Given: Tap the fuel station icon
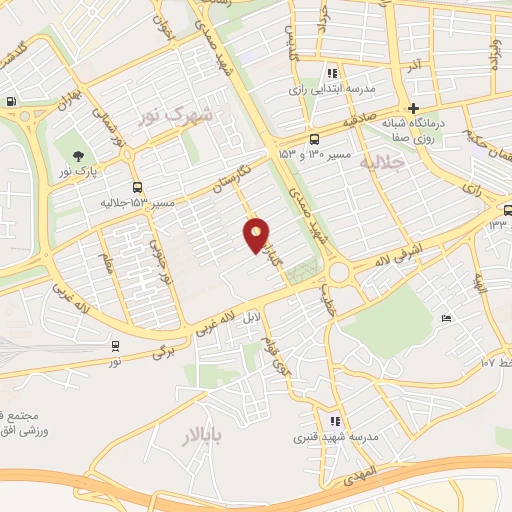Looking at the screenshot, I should [x=11, y=100].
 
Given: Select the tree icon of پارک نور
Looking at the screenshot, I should [x=77, y=154].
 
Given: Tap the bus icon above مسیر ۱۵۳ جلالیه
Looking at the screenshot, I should [x=137, y=187].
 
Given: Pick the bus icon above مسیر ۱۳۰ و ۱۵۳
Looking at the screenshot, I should [x=315, y=139].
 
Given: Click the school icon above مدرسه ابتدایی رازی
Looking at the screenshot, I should [x=332, y=73].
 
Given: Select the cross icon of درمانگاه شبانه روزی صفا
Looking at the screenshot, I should [x=413, y=108].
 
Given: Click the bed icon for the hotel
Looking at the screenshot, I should [x=446, y=318].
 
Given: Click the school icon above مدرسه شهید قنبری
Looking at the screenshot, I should [x=334, y=421].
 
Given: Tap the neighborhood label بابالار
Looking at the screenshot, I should [x=205, y=436].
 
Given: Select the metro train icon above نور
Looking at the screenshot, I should [x=117, y=346].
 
